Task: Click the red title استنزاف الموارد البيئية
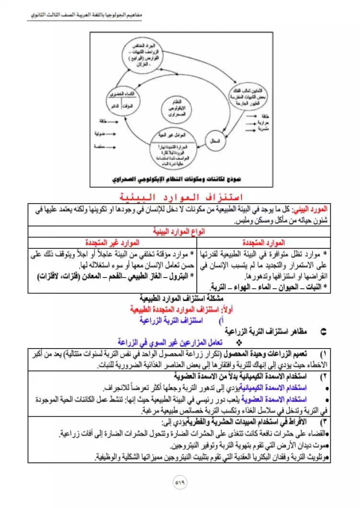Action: [180, 197]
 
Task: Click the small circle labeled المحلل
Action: [215, 141]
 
